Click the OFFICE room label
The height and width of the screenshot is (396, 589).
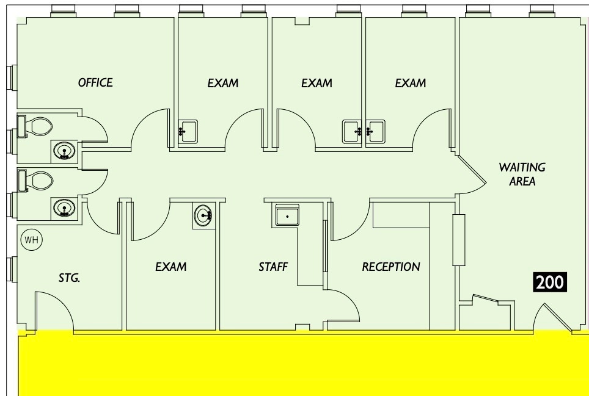95,82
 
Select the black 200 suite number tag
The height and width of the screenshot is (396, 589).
551,282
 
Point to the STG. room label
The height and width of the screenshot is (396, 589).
69,278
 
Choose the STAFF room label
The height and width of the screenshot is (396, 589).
273,267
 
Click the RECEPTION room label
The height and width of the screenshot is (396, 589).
391,267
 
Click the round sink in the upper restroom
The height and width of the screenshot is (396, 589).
64,151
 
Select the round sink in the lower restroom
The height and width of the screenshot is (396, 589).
64,208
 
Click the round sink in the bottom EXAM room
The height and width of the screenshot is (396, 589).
204,215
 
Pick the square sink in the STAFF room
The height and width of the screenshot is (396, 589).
287,216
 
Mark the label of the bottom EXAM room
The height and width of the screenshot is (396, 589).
170,267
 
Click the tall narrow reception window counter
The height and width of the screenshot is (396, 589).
458,240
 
